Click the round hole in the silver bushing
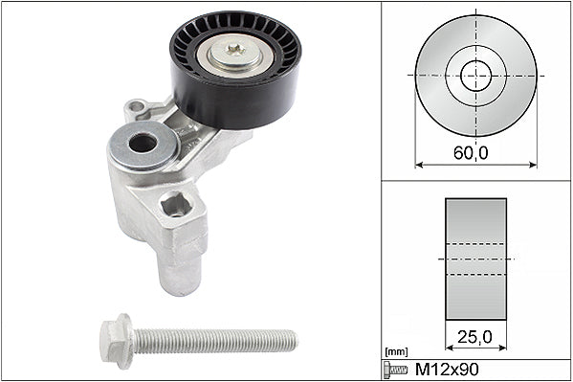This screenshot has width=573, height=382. [143, 144]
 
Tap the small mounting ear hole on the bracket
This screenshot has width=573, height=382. [135, 105]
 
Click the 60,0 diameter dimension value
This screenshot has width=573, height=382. [475, 150]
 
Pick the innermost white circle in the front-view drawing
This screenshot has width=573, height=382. [475, 76]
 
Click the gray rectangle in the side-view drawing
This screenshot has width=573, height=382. [475, 258]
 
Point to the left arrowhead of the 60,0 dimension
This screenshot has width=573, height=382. [419, 164]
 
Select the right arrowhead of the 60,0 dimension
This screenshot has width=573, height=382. [533, 164]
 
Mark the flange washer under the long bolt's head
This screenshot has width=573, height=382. [125, 338]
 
